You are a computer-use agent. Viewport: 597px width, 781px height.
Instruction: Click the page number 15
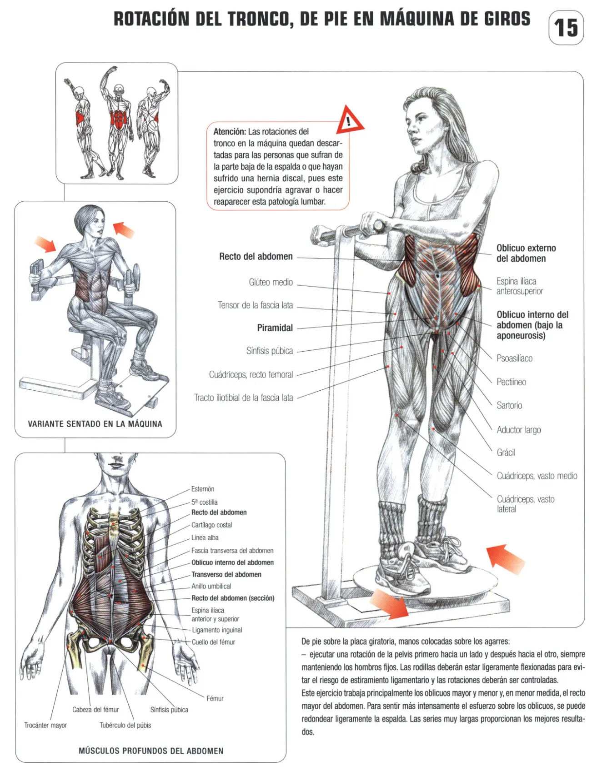pyautogui.click(x=566, y=28)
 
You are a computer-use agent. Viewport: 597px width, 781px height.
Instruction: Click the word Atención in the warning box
pyautogui.click(x=230, y=132)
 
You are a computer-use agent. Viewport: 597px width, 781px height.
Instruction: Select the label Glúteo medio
pyautogui.click(x=271, y=282)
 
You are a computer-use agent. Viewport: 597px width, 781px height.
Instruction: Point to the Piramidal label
pyautogui.click(x=275, y=328)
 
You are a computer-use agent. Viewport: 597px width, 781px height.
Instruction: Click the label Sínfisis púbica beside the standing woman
pyautogui.click(x=270, y=351)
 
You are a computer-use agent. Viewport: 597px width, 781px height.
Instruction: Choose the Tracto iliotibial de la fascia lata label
pyautogui.click(x=243, y=398)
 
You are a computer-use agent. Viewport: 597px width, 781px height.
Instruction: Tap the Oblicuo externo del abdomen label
pyautogui.click(x=526, y=253)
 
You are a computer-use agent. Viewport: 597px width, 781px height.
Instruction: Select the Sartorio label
pyautogui.click(x=509, y=405)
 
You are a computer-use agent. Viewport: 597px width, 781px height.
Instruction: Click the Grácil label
pyautogui.click(x=506, y=453)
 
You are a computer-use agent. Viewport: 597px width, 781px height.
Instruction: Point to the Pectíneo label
pyautogui.click(x=511, y=382)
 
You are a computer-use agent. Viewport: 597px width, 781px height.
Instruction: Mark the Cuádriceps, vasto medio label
pyautogui.click(x=537, y=476)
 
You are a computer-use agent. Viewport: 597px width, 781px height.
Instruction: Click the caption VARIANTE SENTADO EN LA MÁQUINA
pyautogui.click(x=95, y=424)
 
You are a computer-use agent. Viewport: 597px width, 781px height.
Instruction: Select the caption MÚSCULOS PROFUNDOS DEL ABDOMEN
pyautogui.click(x=151, y=751)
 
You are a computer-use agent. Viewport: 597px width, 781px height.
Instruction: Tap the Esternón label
pyautogui.click(x=203, y=489)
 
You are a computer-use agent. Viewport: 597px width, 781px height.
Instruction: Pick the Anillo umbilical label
pyautogui.click(x=211, y=586)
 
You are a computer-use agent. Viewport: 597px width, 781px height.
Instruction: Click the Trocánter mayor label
pyautogui.click(x=45, y=725)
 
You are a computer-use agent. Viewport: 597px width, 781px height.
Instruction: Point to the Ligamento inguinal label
pyautogui.click(x=217, y=630)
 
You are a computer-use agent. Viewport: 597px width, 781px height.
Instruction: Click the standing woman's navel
pyautogui.click(x=437, y=275)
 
